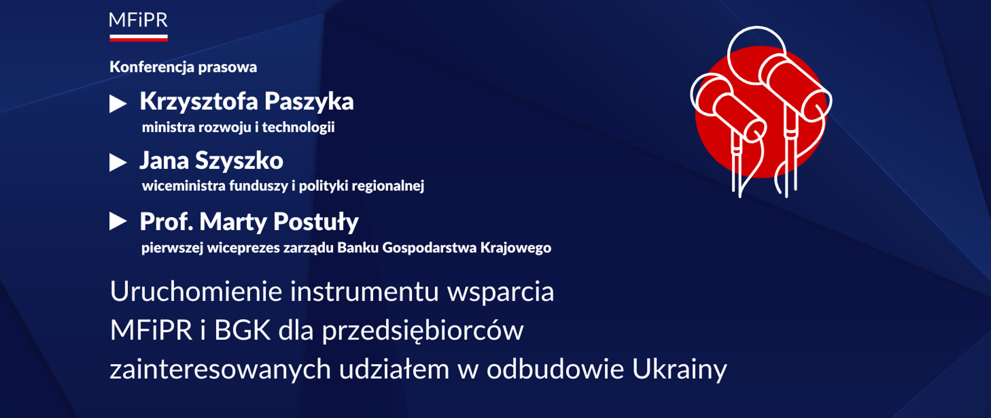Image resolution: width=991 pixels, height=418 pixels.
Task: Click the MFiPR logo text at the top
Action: click(138, 20)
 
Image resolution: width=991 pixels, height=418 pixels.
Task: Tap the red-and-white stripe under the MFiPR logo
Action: click(138, 37)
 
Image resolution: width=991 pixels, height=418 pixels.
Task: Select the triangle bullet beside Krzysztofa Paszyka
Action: click(118, 104)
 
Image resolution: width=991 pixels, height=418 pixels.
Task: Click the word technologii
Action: click(298, 127)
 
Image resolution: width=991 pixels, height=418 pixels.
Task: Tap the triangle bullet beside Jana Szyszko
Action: click(118, 163)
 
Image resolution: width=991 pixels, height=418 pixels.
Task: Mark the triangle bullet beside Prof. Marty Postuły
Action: click(118, 221)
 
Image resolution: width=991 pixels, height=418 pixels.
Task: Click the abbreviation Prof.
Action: click(166, 221)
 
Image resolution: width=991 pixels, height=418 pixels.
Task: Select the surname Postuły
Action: click(316, 222)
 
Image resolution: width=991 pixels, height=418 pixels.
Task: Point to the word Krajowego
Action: click(516, 248)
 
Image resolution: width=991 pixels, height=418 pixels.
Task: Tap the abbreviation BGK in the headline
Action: click(242, 330)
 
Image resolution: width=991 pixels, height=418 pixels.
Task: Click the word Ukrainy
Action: click(679, 369)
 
